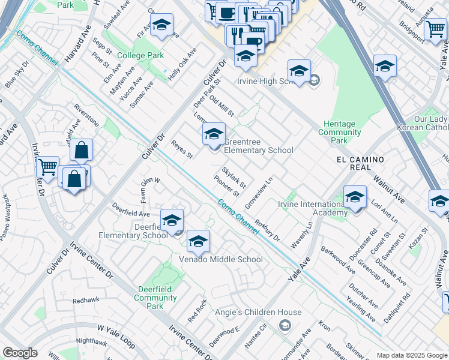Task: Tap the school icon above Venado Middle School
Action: point(197,242)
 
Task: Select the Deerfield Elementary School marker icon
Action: point(172,220)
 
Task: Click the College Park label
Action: point(140,56)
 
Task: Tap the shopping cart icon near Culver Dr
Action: point(47,167)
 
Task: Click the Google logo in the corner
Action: point(20,353)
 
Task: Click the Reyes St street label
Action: point(181,150)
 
